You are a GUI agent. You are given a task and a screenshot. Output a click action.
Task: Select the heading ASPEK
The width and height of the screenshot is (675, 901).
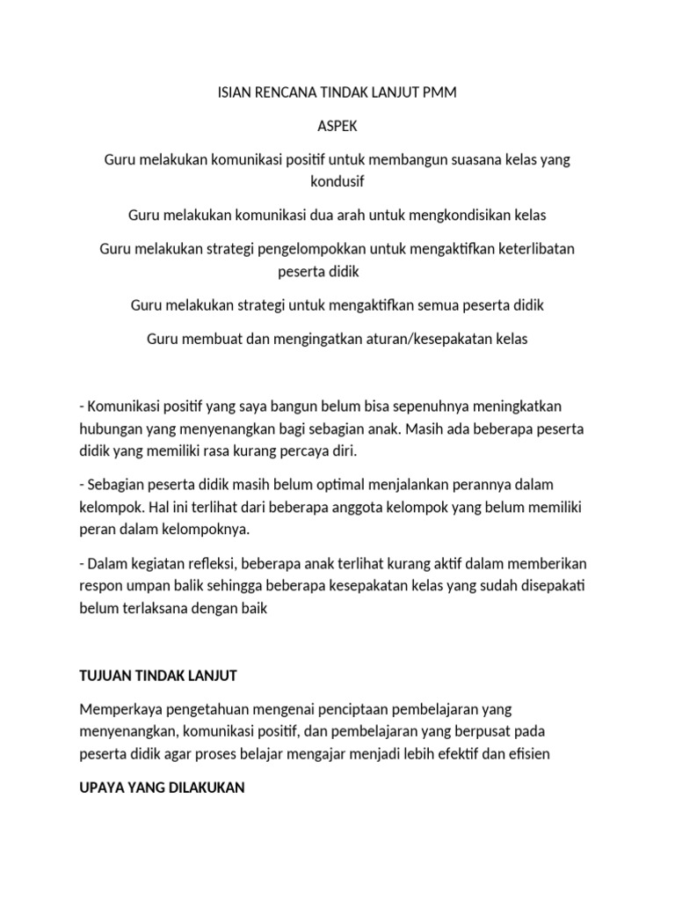pyautogui.click(x=337, y=127)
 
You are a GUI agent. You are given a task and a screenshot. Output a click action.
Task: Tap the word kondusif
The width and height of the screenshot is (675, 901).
pyautogui.click(x=337, y=182)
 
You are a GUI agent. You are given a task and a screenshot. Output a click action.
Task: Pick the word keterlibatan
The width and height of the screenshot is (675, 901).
pyautogui.click(x=534, y=249)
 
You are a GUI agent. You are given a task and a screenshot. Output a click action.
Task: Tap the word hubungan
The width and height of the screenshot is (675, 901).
pyautogui.click(x=109, y=429)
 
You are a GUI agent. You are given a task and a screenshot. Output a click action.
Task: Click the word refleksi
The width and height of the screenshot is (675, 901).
pyautogui.click(x=209, y=563)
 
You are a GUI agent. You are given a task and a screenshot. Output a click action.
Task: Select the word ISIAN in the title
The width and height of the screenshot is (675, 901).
pyautogui.click(x=235, y=92)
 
